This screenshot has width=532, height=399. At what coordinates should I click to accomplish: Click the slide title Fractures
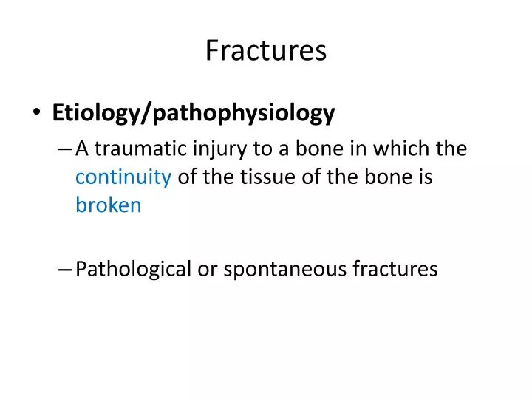pos(265,50)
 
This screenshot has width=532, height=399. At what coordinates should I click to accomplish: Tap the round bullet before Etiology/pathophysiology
pos(38,114)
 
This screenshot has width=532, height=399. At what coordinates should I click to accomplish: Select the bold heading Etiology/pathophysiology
pos(194,113)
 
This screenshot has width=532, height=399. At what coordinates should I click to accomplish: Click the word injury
pos(212,149)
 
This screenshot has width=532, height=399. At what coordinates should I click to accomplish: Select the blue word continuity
pos(123,177)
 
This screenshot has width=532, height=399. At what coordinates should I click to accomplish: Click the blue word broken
pos(108,205)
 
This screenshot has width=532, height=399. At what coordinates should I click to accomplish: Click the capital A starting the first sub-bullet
pos(83,149)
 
